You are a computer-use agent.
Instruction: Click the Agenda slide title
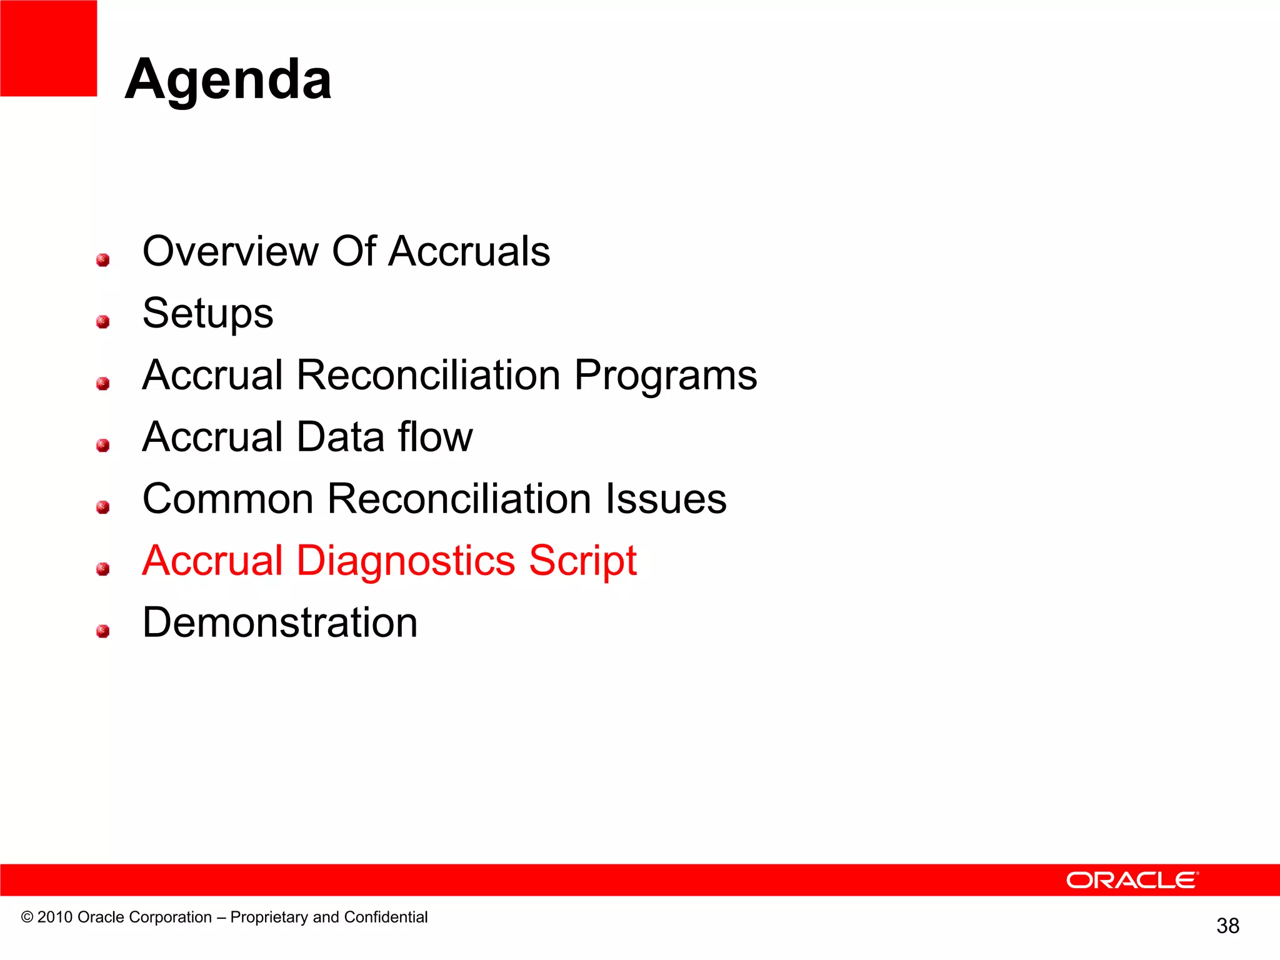(x=228, y=79)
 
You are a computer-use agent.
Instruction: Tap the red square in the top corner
(x=48, y=48)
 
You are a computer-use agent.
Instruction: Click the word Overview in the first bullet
(x=231, y=251)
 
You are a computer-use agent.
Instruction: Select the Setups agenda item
(x=207, y=313)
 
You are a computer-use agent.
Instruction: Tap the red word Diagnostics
(x=405, y=561)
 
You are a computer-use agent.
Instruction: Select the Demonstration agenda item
(x=280, y=622)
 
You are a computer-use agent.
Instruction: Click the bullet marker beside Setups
(x=103, y=322)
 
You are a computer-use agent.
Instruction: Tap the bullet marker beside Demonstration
(x=103, y=631)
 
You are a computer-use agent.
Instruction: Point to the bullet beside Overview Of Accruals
(x=103, y=260)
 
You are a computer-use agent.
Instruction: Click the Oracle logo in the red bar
(x=1132, y=880)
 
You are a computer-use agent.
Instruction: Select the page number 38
(x=1227, y=926)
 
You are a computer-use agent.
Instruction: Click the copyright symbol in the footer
(x=27, y=917)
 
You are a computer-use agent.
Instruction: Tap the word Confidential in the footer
(x=386, y=917)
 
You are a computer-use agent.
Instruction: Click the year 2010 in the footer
(x=55, y=917)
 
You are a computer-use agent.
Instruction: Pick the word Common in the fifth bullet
(x=228, y=499)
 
